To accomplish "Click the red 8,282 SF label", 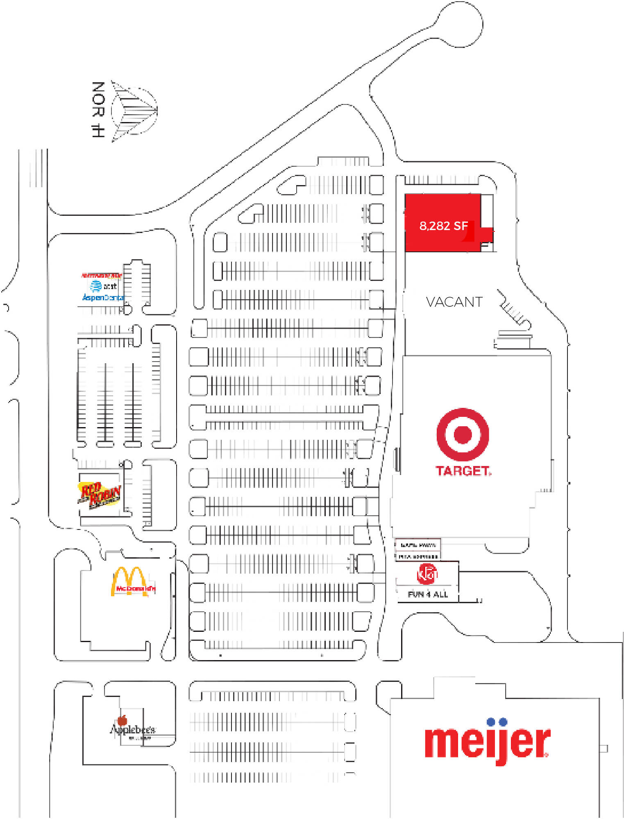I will tap(443, 226).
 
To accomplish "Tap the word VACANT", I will tap(454, 302).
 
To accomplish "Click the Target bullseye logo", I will tap(463, 434).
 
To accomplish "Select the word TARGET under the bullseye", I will tap(463, 471).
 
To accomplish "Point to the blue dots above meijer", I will tap(497, 722).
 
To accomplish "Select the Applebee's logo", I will tap(132, 730).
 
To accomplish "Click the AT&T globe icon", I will tap(96, 285).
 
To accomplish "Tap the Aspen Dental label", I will tap(103, 297).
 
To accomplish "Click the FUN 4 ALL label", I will tap(428, 594).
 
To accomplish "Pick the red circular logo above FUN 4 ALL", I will tap(427, 574).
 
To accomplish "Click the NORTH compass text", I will tap(98, 109).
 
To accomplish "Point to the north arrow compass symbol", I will tap(134, 111).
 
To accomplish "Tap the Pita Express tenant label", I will tap(418, 557).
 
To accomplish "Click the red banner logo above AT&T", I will tap(102, 275).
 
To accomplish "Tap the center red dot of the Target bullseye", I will tap(463, 434).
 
